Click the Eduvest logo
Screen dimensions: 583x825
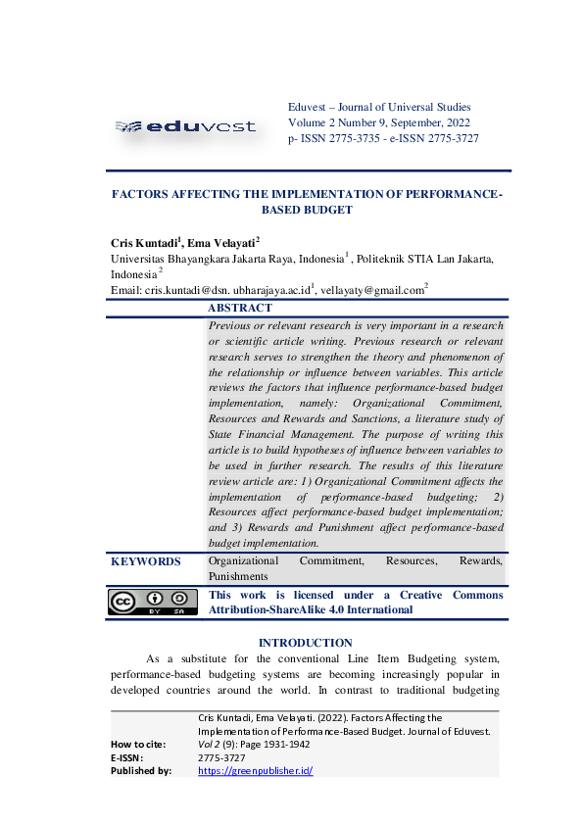pyautogui.click(x=185, y=125)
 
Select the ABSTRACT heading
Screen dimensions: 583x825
pyautogui.click(x=240, y=308)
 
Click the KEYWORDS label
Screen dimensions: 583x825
pyautogui.click(x=146, y=561)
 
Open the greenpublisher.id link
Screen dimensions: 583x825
pyautogui.click(x=255, y=770)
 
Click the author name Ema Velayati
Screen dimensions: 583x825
pyautogui.click(x=221, y=242)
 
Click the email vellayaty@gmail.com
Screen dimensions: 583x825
pyautogui.click(x=371, y=290)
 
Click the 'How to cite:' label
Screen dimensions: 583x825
pyautogui.click(x=138, y=744)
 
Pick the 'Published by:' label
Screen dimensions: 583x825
pyautogui.click(x=141, y=770)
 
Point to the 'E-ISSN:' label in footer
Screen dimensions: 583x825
pyautogui.click(x=127, y=757)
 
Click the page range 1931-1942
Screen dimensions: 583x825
pyautogui.click(x=283, y=744)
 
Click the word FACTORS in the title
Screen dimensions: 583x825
pyautogui.click(x=145, y=194)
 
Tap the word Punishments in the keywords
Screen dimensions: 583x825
pyautogui.click(x=238, y=577)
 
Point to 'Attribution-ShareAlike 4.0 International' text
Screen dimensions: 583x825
pyautogui.click(x=311, y=609)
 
